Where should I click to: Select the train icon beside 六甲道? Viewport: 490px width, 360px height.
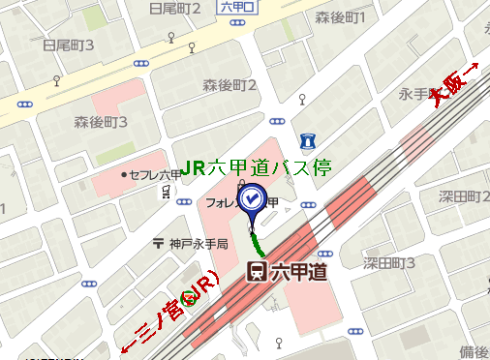258,272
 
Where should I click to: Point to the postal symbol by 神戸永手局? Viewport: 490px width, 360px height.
158,244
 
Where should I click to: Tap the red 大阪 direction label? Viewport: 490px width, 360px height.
455,85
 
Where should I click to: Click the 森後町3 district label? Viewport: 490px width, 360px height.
102,122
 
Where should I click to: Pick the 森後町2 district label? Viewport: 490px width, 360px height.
230,85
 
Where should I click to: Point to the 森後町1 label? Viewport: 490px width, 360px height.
340,17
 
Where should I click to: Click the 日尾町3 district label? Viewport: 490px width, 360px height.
68,45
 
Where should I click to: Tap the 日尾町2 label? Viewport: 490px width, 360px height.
175,10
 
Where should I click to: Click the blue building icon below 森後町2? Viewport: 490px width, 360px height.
307,140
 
